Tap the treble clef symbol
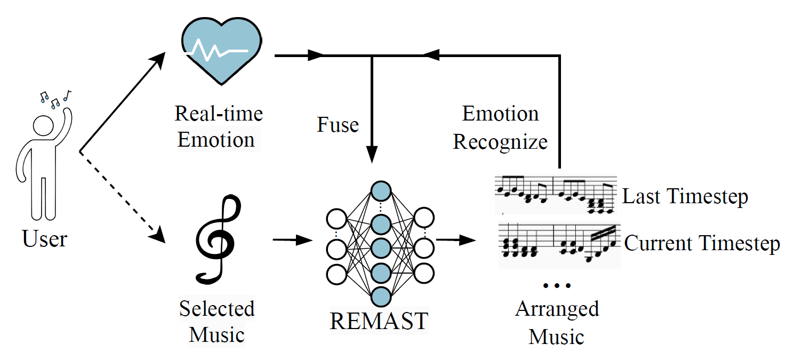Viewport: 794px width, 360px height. [216, 238]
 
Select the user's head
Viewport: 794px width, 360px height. [44, 128]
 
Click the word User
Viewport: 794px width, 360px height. [45, 239]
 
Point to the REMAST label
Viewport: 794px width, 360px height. [379, 321]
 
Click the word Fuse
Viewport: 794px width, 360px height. [338, 125]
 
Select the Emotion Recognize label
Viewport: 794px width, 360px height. [500, 128]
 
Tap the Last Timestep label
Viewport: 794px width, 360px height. [685, 197]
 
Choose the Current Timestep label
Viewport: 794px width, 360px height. [702, 243]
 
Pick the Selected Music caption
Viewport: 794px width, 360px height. [216, 322]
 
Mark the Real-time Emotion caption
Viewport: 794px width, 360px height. [218, 127]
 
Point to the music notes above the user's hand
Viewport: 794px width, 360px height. [55, 98]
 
